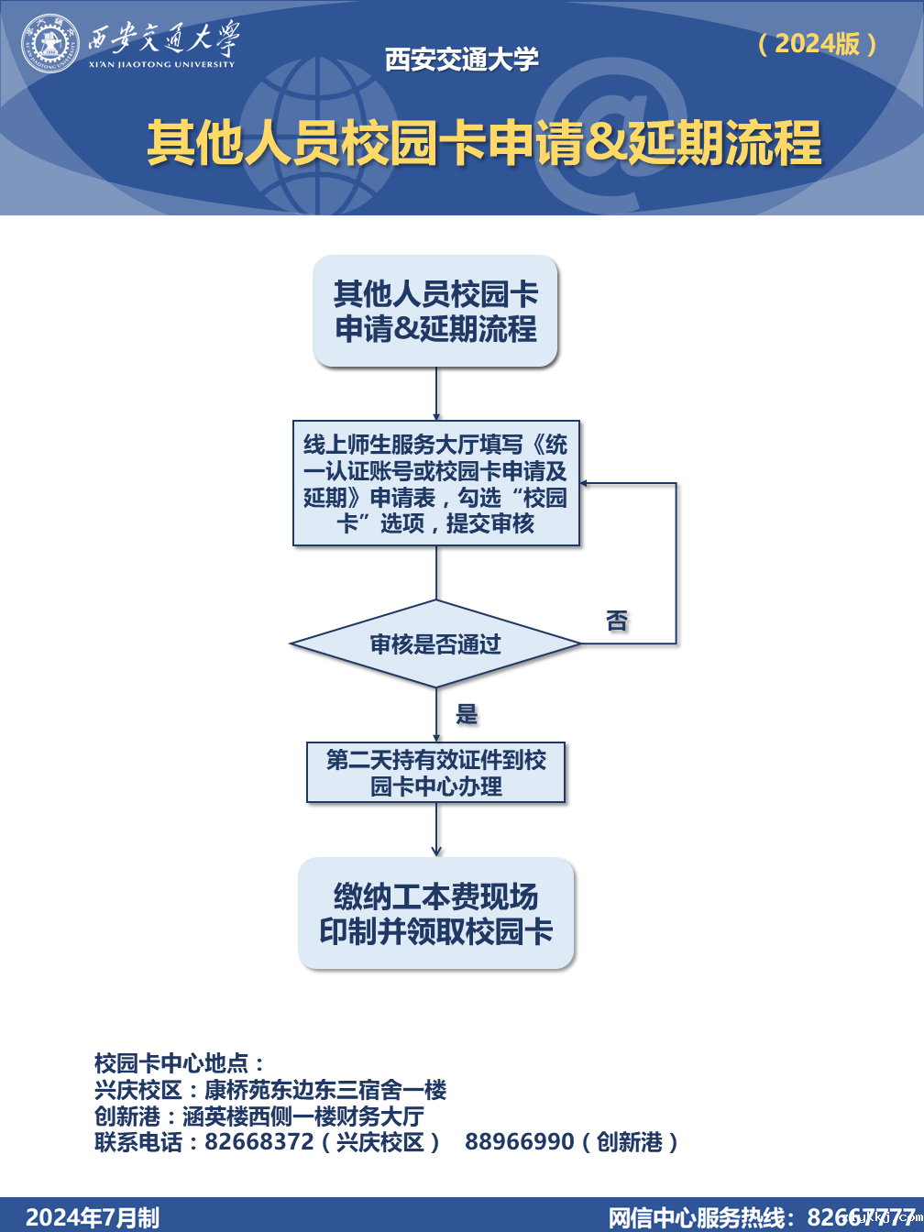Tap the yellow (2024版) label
point(818,43)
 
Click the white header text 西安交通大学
point(461,60)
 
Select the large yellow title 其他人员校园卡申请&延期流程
point(484,144)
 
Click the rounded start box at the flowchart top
point(435,312)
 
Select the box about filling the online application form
point(436,483)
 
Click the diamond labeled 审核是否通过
point(436,643)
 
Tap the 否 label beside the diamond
point(617,621)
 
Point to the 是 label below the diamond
point(467,714)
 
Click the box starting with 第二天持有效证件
point(436,773)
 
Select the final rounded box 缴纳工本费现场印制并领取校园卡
point(436,913)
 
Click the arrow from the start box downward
point(436,394)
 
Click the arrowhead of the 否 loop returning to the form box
point(587,483)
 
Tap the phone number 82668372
point(258,1142)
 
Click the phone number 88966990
point(519,1142)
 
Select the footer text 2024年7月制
point(93,1217)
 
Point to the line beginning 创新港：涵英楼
point(259,1116)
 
